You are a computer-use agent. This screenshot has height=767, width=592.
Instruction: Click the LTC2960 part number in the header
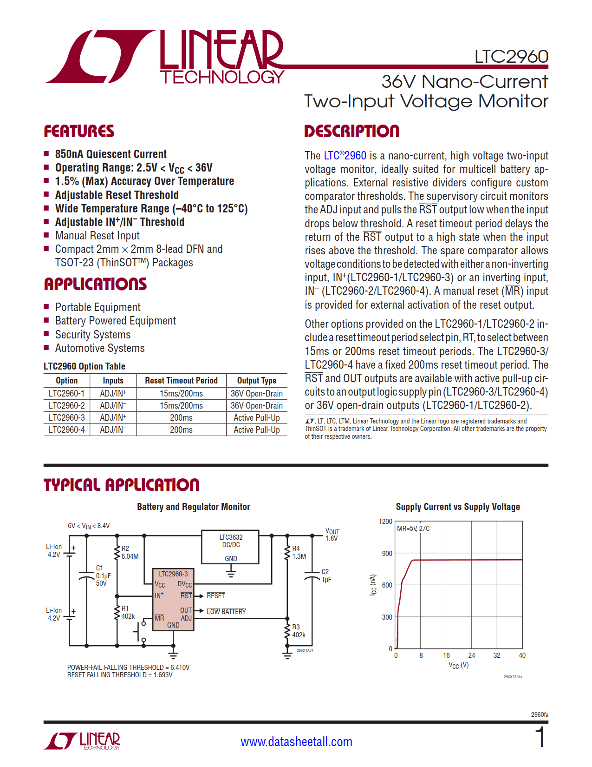(511, 57)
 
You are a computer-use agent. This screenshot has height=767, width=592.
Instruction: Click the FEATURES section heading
(79, 131)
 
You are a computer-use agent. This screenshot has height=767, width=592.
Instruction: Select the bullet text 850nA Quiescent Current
(111, 154)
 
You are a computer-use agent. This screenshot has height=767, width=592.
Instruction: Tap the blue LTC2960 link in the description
(345, 156)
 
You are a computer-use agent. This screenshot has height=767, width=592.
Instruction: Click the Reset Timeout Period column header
(181, 381)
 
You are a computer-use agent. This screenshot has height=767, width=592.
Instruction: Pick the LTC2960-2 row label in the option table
(66, 405)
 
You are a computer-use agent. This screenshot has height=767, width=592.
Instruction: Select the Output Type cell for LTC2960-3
(256, 417)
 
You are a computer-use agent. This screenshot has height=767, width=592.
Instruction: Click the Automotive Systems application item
(100, 348)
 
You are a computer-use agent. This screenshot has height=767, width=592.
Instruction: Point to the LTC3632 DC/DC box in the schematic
(231, 547)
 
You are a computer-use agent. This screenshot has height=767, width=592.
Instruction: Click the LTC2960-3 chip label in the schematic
(173, 574)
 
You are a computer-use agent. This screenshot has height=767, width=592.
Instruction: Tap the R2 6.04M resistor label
(130, 552)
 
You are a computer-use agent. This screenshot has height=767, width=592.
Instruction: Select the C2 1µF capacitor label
(326, 575)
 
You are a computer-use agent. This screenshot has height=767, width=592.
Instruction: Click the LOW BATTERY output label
(226, 611)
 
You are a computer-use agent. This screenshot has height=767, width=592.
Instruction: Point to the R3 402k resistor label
(299, 631)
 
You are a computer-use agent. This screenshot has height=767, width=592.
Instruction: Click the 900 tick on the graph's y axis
(387, 553)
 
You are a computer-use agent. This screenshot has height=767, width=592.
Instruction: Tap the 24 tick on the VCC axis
(471, 655)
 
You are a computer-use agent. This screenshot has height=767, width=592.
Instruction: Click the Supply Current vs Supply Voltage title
(457, 507)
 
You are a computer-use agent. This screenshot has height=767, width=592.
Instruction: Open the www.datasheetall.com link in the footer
(296, 741)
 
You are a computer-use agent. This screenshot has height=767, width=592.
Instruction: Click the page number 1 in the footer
(540, 738)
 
